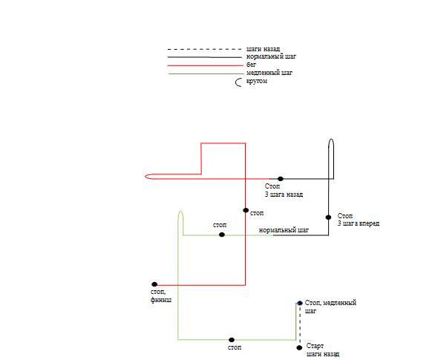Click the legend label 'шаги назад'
[263, 50]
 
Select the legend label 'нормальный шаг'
[272, 56]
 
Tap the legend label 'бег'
[251, 65]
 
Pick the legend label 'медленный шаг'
[269, 73]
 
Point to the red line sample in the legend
[205, 66]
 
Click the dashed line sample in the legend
[204, 50]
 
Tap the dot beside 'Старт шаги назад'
[299, 347]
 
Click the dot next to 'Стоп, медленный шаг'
[300, 303]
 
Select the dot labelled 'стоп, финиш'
[154, 284]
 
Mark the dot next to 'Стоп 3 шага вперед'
[328, 217]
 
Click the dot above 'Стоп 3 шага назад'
[281, 179]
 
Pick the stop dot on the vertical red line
[246, 210]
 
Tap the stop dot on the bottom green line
[232, 340]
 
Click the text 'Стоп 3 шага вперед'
[358, 220]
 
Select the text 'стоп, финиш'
[161, 295]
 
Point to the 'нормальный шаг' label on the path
[284, 230]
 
